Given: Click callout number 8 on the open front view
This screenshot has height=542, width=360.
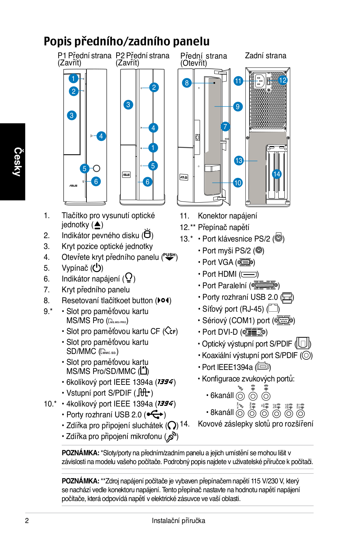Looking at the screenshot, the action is coord(187,83).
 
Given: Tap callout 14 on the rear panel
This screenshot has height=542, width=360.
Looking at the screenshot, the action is coord(277,174).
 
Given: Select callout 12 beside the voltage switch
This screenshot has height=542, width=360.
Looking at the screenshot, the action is coord(282,80).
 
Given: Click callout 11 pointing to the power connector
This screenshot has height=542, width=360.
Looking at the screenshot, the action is coord(238,81).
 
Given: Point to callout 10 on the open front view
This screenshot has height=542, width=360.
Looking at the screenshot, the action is coord(238,183).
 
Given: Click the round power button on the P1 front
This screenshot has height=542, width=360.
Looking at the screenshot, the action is coord(96,168).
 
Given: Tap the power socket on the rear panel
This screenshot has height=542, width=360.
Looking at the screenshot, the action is coord(260,81).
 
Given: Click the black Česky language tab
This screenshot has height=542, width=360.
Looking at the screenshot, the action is coord(13,162).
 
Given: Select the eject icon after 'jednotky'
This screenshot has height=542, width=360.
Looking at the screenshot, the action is coord(97,225).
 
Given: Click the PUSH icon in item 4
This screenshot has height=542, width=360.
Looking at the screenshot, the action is coord(169,256).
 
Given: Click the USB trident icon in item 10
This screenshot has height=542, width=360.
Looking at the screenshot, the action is coord(155,414).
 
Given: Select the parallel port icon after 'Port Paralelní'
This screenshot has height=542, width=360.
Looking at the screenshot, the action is coord(264,285).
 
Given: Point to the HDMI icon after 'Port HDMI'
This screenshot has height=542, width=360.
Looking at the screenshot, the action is coord(249,274).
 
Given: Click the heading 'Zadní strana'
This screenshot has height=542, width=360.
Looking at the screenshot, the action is coord(265,56).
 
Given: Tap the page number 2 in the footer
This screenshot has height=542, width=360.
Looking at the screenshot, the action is coord(27,520).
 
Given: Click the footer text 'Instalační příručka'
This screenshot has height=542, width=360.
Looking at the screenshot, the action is coord(178,521).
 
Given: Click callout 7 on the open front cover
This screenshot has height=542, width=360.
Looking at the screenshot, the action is coord(225,126).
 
